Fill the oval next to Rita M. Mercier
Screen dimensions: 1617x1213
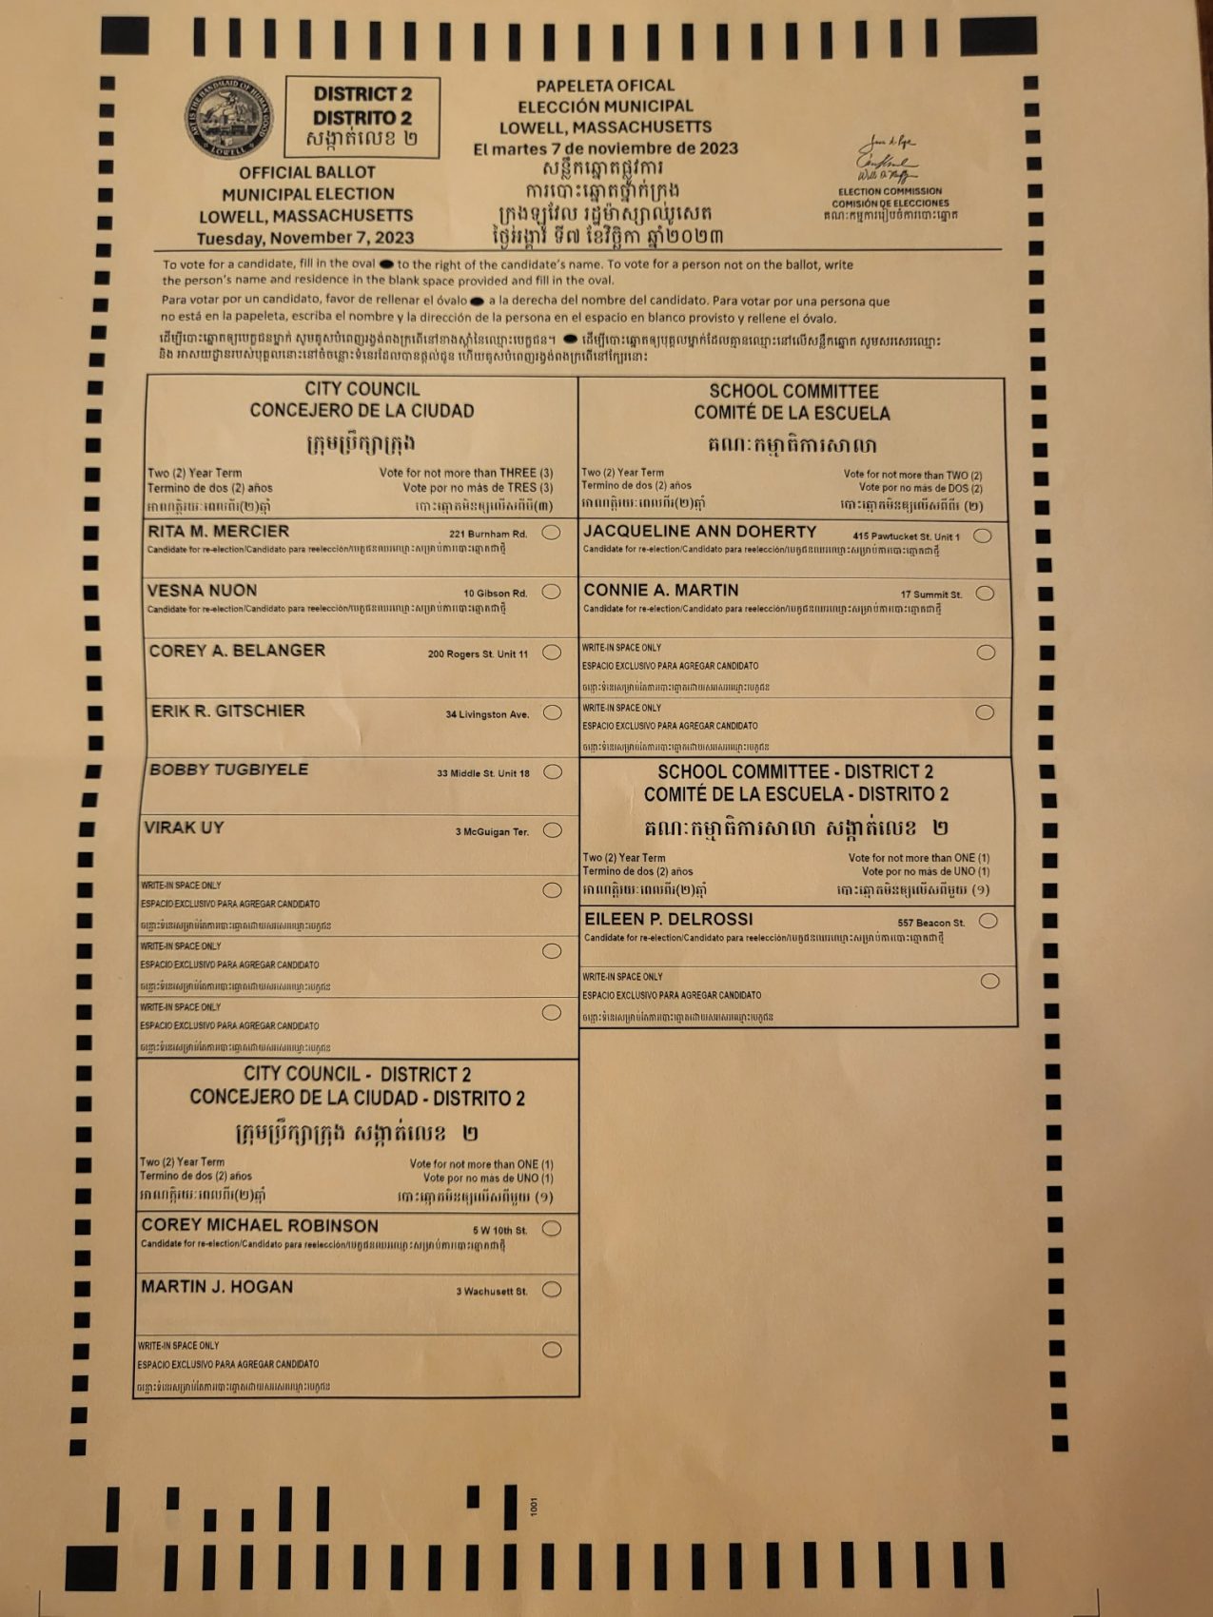point(551,533)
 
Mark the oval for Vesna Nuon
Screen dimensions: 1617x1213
point(551,592)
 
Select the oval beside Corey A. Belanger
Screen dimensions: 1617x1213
point(552,653)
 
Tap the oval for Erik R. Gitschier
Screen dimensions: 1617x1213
point(552,712)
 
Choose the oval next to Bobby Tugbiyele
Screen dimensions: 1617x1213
point(552,771)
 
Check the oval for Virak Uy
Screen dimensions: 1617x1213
point(552,830)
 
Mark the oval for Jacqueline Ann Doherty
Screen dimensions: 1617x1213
point(983,536)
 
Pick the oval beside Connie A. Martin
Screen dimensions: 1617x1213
point(985,594)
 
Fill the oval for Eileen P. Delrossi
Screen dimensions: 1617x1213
point(988,921)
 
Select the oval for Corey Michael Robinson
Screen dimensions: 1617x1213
point(551,1229)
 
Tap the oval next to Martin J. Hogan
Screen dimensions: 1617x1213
point(551,1290)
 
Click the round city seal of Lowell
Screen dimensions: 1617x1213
point(229,118)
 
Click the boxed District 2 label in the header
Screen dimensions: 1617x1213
point(362,117)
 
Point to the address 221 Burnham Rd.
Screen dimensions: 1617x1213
point(488,535)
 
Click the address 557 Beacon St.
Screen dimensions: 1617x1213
point(930,923)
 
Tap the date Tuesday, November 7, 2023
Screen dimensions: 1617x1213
point(305,238)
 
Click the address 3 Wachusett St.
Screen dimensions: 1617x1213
point(491,1292)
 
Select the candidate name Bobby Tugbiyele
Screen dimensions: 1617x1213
point(229,770)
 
